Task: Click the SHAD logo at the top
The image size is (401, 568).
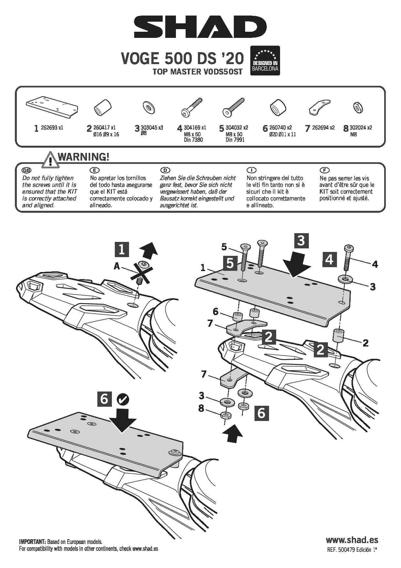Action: click(200, 28)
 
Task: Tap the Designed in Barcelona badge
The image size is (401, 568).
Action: click(265, 61)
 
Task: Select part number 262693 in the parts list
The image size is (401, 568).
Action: click(49, 128)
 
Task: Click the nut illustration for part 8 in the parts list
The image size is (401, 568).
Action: click(358, 107)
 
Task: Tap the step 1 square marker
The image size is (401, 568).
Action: click(122, 249)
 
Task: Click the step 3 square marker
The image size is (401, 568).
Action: click(301, 241)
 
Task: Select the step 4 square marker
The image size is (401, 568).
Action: click(329, 259)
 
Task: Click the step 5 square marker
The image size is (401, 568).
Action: click(230, 263)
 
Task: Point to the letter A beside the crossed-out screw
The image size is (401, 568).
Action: click(117, 267)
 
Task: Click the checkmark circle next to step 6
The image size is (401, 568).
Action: click(123, 399)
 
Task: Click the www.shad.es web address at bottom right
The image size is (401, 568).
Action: click(352, 540)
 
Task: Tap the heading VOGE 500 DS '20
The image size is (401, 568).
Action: click(182, 59)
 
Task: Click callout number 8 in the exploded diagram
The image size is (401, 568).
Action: click(201, 408)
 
